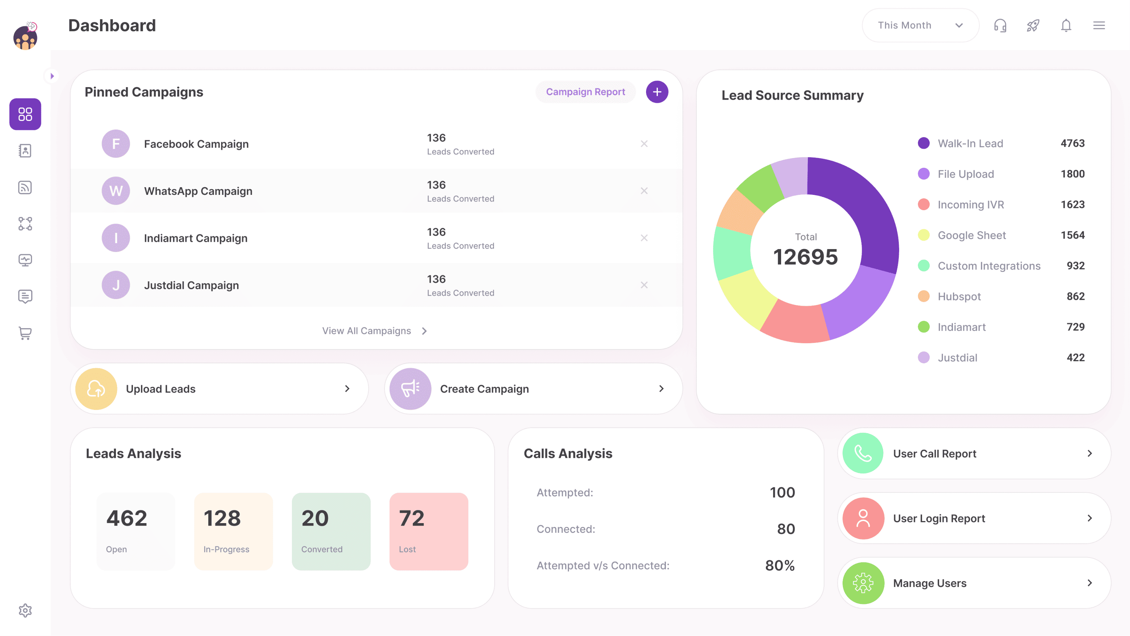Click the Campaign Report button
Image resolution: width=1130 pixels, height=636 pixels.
click(x=585, y=92)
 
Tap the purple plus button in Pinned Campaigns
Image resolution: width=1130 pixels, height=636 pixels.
click(x=657, y=92)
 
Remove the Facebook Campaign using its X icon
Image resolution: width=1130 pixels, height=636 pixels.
click(x=644, y=143)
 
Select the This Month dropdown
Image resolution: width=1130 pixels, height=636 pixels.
click(x=920, y=25)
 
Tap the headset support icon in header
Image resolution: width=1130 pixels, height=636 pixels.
click(x=1000, y=25)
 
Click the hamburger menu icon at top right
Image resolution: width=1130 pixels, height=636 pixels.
click(x=1098, y=25)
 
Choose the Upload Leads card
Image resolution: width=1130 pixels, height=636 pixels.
click(x=219, y=388)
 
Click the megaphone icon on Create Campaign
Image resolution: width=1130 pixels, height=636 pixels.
click(x=410, y=388)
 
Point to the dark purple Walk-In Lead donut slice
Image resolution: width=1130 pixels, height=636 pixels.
click(x=860, y=206)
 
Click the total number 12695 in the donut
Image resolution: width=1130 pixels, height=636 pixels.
click(x=805, y=257)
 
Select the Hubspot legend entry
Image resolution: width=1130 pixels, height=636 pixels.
click(x=959, y=296)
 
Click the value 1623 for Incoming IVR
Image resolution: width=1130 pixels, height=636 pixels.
click(x=1072, y=205)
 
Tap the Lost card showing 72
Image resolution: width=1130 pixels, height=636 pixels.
click(x=429, y=531)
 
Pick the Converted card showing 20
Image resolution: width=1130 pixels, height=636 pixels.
click(x=331, y=531)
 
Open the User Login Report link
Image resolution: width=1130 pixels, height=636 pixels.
click(x=974, y=518)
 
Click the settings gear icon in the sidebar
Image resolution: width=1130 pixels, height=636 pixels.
click(x=25, y=610)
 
